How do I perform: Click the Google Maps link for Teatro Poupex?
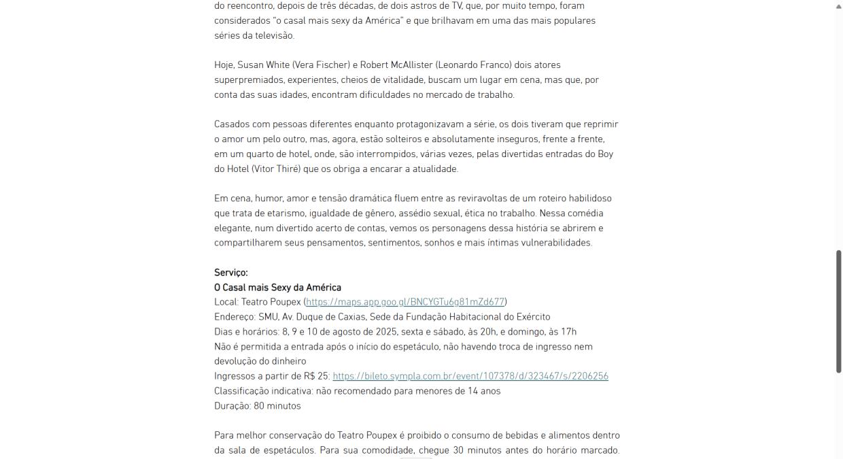coord(406,302)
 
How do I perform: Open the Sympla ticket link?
coord(470,376)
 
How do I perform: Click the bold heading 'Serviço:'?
coord(231,273)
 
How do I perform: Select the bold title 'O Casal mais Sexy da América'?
coord(277,288)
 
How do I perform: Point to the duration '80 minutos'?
coord(277,406)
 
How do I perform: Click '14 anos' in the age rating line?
coord(484,391)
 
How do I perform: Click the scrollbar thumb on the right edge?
coord(838,311)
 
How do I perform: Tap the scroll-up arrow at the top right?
coord(838,5)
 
